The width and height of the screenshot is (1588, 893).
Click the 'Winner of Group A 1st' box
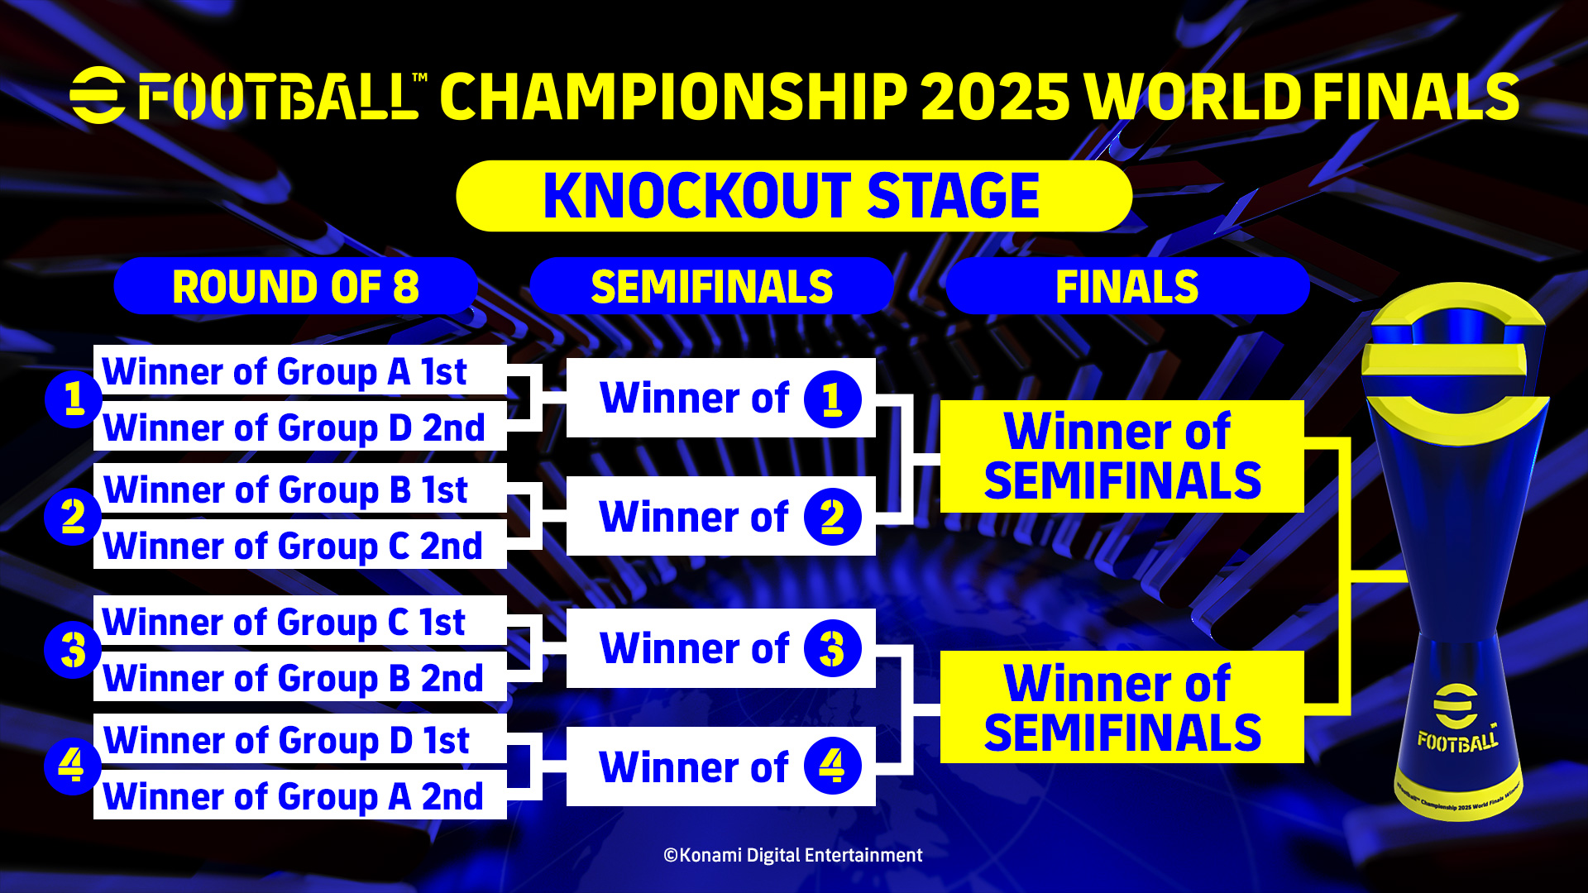coord(300,370)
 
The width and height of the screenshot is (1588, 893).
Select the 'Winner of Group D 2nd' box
coord(300,426)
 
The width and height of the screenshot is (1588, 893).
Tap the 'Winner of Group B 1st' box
coord(300,488)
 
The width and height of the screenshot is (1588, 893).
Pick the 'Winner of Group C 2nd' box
coord(300,544)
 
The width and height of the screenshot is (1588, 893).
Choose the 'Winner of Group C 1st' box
coord(300,620)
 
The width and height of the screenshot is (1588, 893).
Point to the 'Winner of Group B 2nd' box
coord(300,676)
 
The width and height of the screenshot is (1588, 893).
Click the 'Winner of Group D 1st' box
coord(300,738)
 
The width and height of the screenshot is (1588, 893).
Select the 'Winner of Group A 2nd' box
coord(300,795)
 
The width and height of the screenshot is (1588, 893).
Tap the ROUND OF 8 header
coord(295,286)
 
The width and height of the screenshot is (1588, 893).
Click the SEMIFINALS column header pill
coord(711,286)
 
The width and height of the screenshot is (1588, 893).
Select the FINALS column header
coord(1127,286)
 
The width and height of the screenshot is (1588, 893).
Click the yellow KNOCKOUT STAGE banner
coord(794,196)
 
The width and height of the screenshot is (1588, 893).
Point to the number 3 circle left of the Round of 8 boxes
coord(73,649)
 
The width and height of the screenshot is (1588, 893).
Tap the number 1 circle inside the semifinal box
coord(833,399)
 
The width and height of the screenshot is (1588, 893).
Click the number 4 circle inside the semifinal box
coord(833,766)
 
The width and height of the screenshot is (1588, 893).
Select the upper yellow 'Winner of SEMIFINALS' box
coord(1122,456)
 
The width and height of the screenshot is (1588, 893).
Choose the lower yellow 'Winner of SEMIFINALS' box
coord(1122,707)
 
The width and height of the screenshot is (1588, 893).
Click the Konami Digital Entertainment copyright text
coord(793,855)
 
